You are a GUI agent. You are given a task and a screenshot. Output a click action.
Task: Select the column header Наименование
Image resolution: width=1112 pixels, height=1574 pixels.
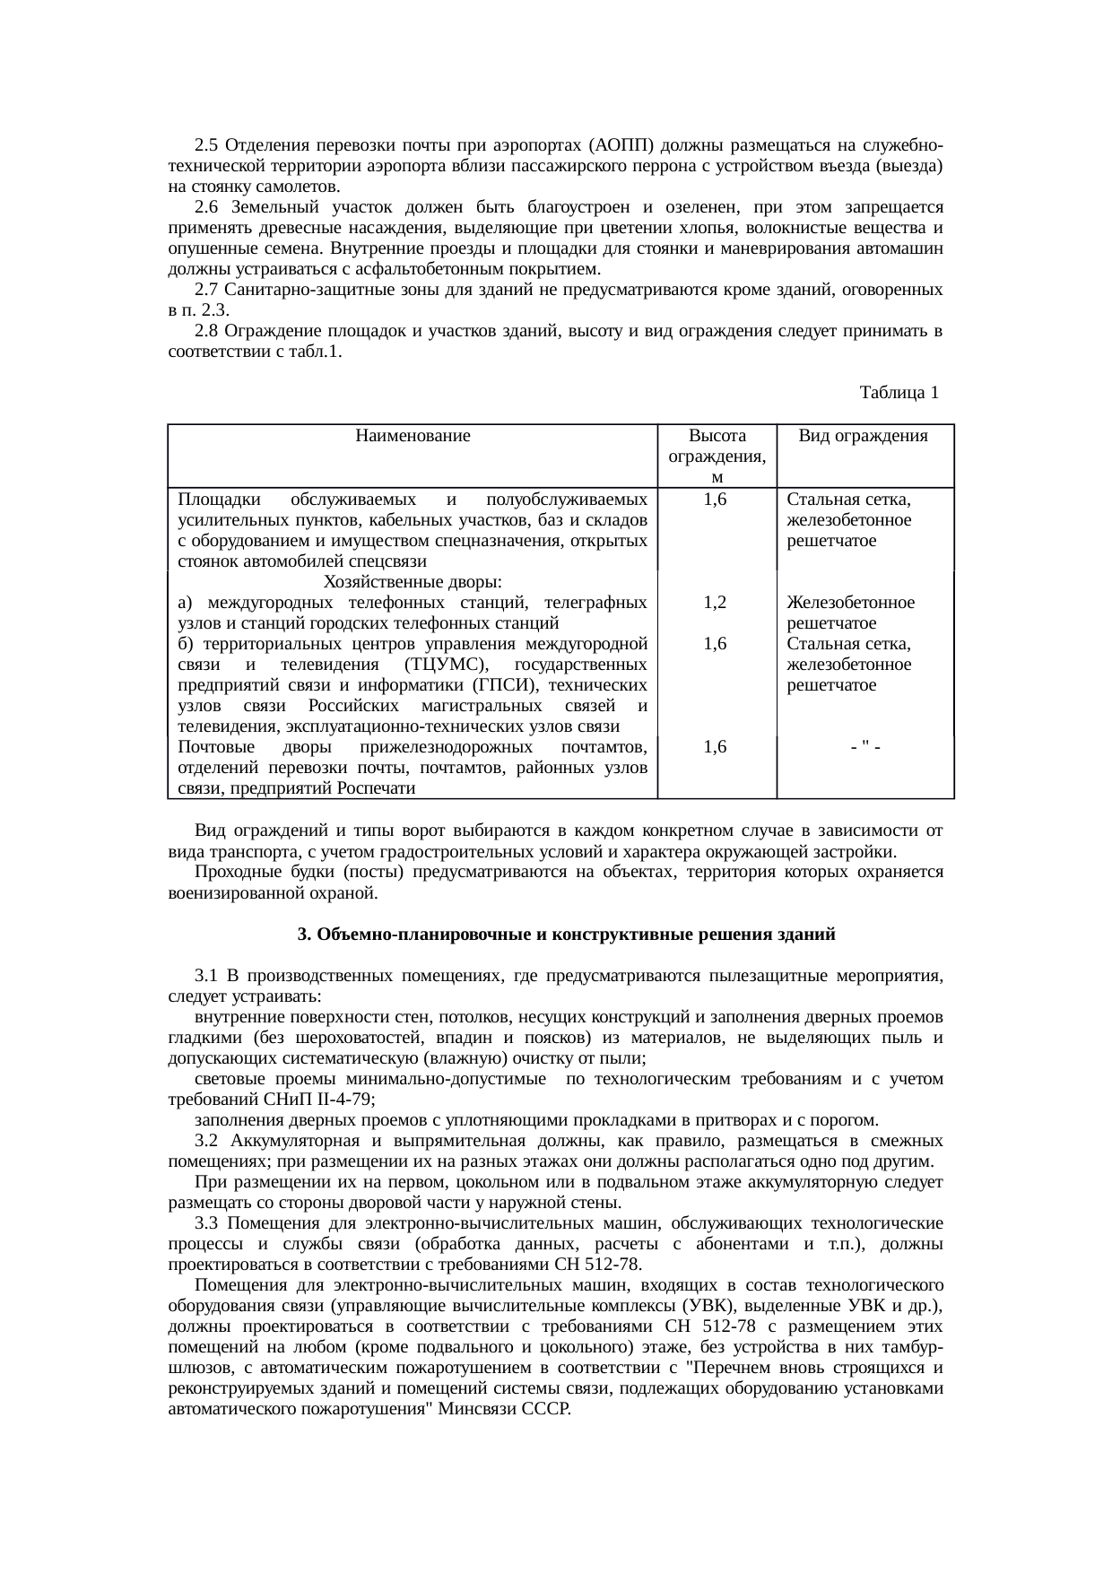(x=413, y=437)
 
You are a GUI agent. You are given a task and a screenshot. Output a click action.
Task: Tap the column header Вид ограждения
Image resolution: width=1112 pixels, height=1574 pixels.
(x=864, y=437)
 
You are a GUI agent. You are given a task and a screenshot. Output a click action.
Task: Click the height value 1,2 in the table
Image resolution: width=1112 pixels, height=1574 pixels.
(x=716, y=603)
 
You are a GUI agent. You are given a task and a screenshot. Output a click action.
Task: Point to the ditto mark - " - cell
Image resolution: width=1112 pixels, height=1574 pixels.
(x=864, y=747)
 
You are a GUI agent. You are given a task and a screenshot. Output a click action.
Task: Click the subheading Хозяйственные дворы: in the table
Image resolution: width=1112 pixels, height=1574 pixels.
(x=412, y=582)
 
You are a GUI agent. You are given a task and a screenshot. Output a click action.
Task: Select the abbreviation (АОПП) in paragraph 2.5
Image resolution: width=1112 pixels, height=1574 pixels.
(x=621, y=145)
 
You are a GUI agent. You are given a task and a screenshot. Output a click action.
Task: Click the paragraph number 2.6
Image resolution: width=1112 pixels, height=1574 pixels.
(x=206, y=207)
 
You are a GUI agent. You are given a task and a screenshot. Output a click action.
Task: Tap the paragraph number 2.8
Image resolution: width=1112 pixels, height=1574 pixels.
(x=206, y=331)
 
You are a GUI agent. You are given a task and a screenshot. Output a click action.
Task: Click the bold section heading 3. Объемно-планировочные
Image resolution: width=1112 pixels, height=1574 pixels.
(x=566, y=935)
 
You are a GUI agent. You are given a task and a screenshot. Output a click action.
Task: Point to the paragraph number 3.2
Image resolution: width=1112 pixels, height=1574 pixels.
(x=206, y=1141)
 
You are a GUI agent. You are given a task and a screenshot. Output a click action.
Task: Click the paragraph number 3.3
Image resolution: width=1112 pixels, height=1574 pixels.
(x=206, y=1223)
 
